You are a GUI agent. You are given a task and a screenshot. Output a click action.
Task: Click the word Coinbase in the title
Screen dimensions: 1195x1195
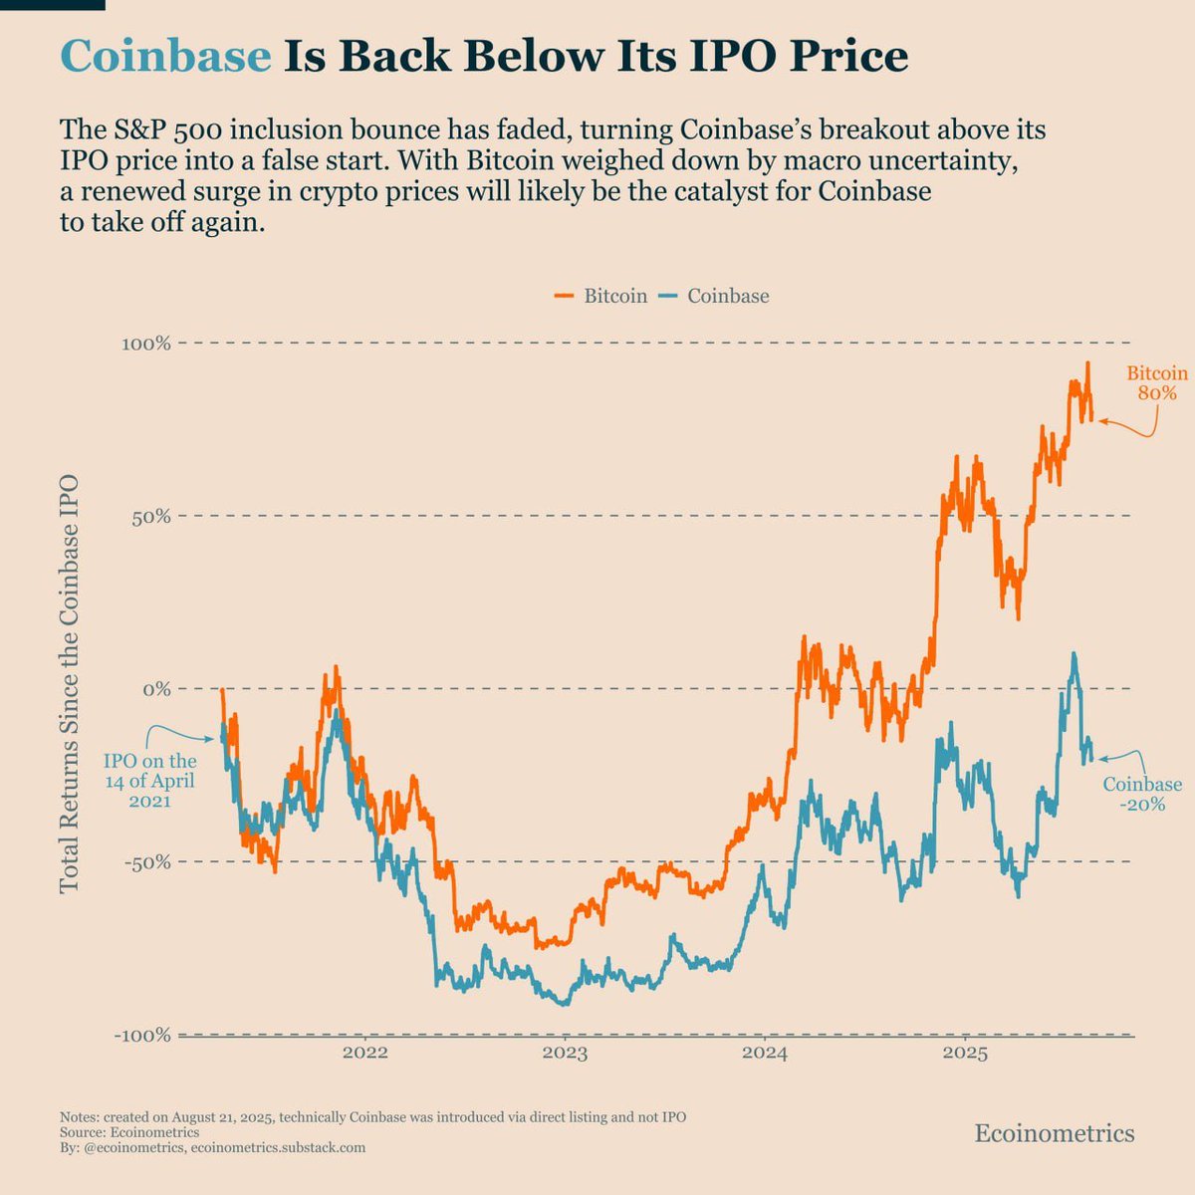pos(165,56)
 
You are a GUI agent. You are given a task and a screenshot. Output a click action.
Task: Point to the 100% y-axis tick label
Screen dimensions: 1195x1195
pos(145,344)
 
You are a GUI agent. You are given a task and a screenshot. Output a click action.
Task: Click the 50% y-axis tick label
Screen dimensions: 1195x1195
pos(150,517)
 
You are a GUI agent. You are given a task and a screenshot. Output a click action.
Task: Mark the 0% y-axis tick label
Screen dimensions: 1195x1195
pos(156,689)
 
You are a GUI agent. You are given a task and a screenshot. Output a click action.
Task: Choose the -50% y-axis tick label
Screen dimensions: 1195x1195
pos(146,862)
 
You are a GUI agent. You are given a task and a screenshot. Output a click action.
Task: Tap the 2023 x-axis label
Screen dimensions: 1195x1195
pos(565,1054)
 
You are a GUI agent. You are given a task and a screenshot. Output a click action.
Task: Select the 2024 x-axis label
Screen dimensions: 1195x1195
pos(765,1054)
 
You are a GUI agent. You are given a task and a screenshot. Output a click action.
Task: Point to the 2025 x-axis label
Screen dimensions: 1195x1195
pos(965,1054)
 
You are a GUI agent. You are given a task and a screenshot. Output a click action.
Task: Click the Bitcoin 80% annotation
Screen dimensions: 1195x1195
pos(1156,383)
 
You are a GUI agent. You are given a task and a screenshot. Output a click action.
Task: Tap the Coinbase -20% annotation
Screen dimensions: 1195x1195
pos(1142,795)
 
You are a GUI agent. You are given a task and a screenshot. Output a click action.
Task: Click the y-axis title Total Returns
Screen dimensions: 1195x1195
pos(69,687)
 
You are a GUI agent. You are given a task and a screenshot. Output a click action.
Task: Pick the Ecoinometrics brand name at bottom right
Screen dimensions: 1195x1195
pos(1054,1133)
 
